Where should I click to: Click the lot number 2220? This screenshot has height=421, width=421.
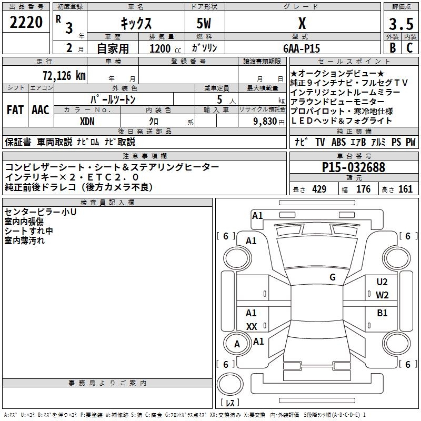pos(27,23)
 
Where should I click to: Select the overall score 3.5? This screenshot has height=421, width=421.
pos(401,24)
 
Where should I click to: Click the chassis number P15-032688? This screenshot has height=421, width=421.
pos(353,167)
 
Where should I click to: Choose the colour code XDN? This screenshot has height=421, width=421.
pos(87,121)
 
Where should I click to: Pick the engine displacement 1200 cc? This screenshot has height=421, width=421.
pos(160,48)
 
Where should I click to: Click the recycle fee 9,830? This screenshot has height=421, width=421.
pos(264,121)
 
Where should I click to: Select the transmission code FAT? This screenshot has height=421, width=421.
pos(15,110)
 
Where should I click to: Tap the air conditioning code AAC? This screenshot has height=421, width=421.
pos(40,110)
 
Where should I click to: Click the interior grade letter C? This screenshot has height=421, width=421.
pos(409,48)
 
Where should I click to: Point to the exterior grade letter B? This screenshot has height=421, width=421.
pos(392,48)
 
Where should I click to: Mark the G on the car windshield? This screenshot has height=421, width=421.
pos(332,277)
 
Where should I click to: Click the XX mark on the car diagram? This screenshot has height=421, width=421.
pos(252,327)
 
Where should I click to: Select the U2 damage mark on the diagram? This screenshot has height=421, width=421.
pos(382,282)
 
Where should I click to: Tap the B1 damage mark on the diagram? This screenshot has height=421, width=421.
pos(382,313)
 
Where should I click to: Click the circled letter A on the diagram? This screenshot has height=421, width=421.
pos(237,344)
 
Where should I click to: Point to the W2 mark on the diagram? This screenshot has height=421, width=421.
pos(382,295)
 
